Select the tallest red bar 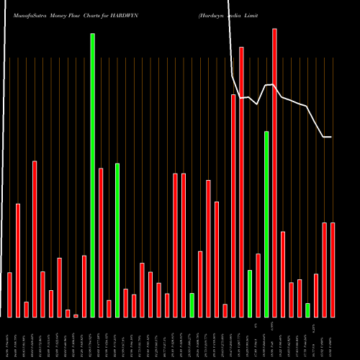pos(274,173)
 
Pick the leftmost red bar pos(10,294)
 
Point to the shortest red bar pos(76,315)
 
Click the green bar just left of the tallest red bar pos(266,224)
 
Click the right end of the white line pos(331,137)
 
